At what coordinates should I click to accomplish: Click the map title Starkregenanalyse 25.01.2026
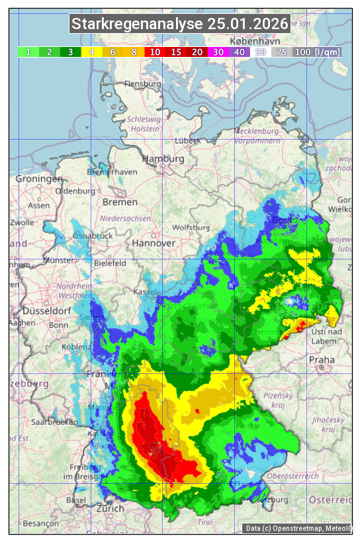[180, 24]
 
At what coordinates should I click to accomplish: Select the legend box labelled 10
[155, 52]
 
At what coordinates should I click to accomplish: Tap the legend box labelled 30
[218, 52]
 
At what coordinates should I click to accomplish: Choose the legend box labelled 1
[28, 52]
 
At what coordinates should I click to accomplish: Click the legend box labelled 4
[92, 52]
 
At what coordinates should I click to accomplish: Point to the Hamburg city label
[163, 159]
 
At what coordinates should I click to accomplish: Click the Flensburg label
[142, 85]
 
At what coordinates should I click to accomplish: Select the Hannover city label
[154, 243]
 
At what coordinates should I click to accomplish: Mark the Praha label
[322, 360]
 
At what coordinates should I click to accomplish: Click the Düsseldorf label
[46, 311]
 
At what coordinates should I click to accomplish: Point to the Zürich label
[110, 509]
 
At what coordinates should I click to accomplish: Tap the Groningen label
[39, 179]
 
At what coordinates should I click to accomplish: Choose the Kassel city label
[144, 291]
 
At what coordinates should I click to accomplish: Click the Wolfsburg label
[191, 228]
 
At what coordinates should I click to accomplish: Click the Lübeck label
[187, 141]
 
